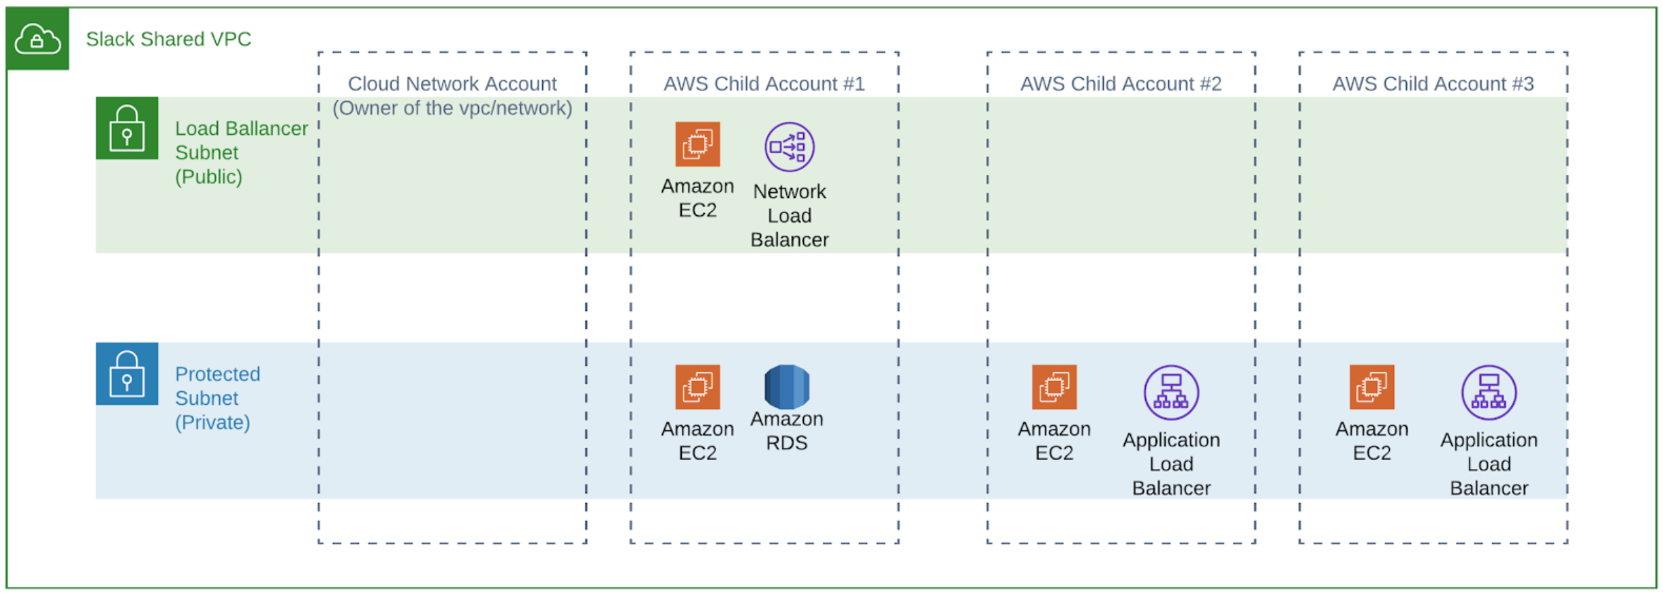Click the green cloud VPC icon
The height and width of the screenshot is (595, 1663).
click(x=38, y=39)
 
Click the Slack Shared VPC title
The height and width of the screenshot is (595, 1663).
click(x=169, y=39)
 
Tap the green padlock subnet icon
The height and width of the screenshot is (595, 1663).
click(x=127, y=128)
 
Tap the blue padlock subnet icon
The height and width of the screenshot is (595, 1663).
click(x=127, y=374)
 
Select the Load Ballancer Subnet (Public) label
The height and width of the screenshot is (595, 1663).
click(x=241, y=152)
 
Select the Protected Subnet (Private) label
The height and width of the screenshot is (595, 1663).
click(x=217, y=398)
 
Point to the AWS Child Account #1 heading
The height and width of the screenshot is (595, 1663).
click(x=763, y=84)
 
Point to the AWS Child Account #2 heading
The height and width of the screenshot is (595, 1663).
click(x=1120, y=84)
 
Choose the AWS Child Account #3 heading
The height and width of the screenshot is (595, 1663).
click(x=1432, y=84)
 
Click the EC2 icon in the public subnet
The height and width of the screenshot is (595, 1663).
click(x=697, y=144)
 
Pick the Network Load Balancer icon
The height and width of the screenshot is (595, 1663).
click(x=789, y=146)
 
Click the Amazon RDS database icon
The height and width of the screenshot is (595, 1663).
click(x=786, y=387)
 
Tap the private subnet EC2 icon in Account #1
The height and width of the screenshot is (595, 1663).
click(x=697, y=387)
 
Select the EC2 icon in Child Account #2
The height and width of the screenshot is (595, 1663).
click(x=1053, y=387)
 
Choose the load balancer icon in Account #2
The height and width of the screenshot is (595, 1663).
click(x=1171, y=392)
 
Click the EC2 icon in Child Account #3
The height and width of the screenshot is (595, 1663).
click(x=1371, y=387)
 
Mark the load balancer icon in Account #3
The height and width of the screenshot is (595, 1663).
click(x=1488, y=392)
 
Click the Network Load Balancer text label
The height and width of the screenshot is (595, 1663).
click(x=789, y=215)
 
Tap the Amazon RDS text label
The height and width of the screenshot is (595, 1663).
click(x=786, y=430)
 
